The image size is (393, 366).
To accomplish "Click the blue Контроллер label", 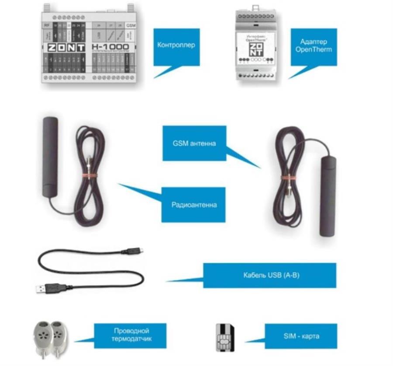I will (x=176, y=45).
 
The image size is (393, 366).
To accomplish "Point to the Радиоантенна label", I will (x=194, y=204).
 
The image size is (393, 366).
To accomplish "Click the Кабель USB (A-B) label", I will (x=270, y=275).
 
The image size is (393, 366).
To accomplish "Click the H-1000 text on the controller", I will (x=111, y=46).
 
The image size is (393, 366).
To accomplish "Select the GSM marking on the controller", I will (x=131, y=26).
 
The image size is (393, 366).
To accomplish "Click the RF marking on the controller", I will (x=46, y=26).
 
